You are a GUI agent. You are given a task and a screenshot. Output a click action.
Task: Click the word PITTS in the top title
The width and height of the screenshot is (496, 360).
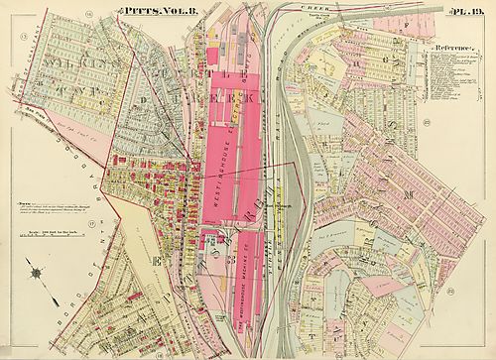136,10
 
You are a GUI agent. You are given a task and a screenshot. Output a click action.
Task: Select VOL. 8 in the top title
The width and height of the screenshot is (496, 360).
168,10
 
